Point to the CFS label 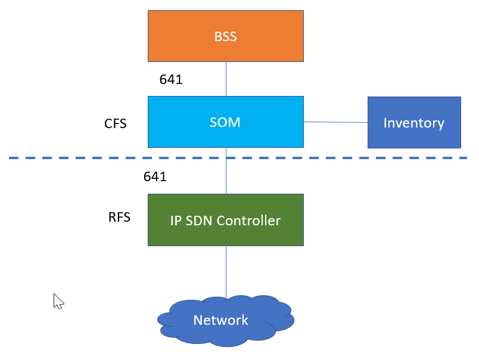click(116, 124)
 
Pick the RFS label click(119, 218)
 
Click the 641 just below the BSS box click(171, 80)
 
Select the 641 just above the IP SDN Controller click(155, 177)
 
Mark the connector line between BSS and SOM click(226, 79)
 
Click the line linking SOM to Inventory click(335, 122)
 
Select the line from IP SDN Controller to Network click(226, 271)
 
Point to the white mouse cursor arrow click(58, 300)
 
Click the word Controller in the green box click(248, 221)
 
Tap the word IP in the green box click(176, 221)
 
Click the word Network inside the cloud click(220, 320)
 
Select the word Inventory click(413, 123)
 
